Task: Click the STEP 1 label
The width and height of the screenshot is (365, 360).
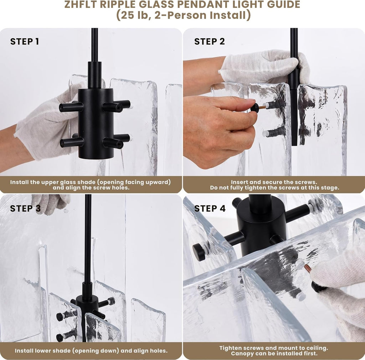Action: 25,41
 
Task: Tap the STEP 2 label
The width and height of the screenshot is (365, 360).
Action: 210,41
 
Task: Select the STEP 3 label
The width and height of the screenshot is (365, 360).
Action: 25,209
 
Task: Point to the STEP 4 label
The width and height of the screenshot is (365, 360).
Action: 210,209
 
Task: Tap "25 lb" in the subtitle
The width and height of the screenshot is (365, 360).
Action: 135,15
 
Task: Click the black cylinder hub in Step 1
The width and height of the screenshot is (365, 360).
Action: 96,123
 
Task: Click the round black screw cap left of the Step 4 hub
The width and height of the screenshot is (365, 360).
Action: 199,252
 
